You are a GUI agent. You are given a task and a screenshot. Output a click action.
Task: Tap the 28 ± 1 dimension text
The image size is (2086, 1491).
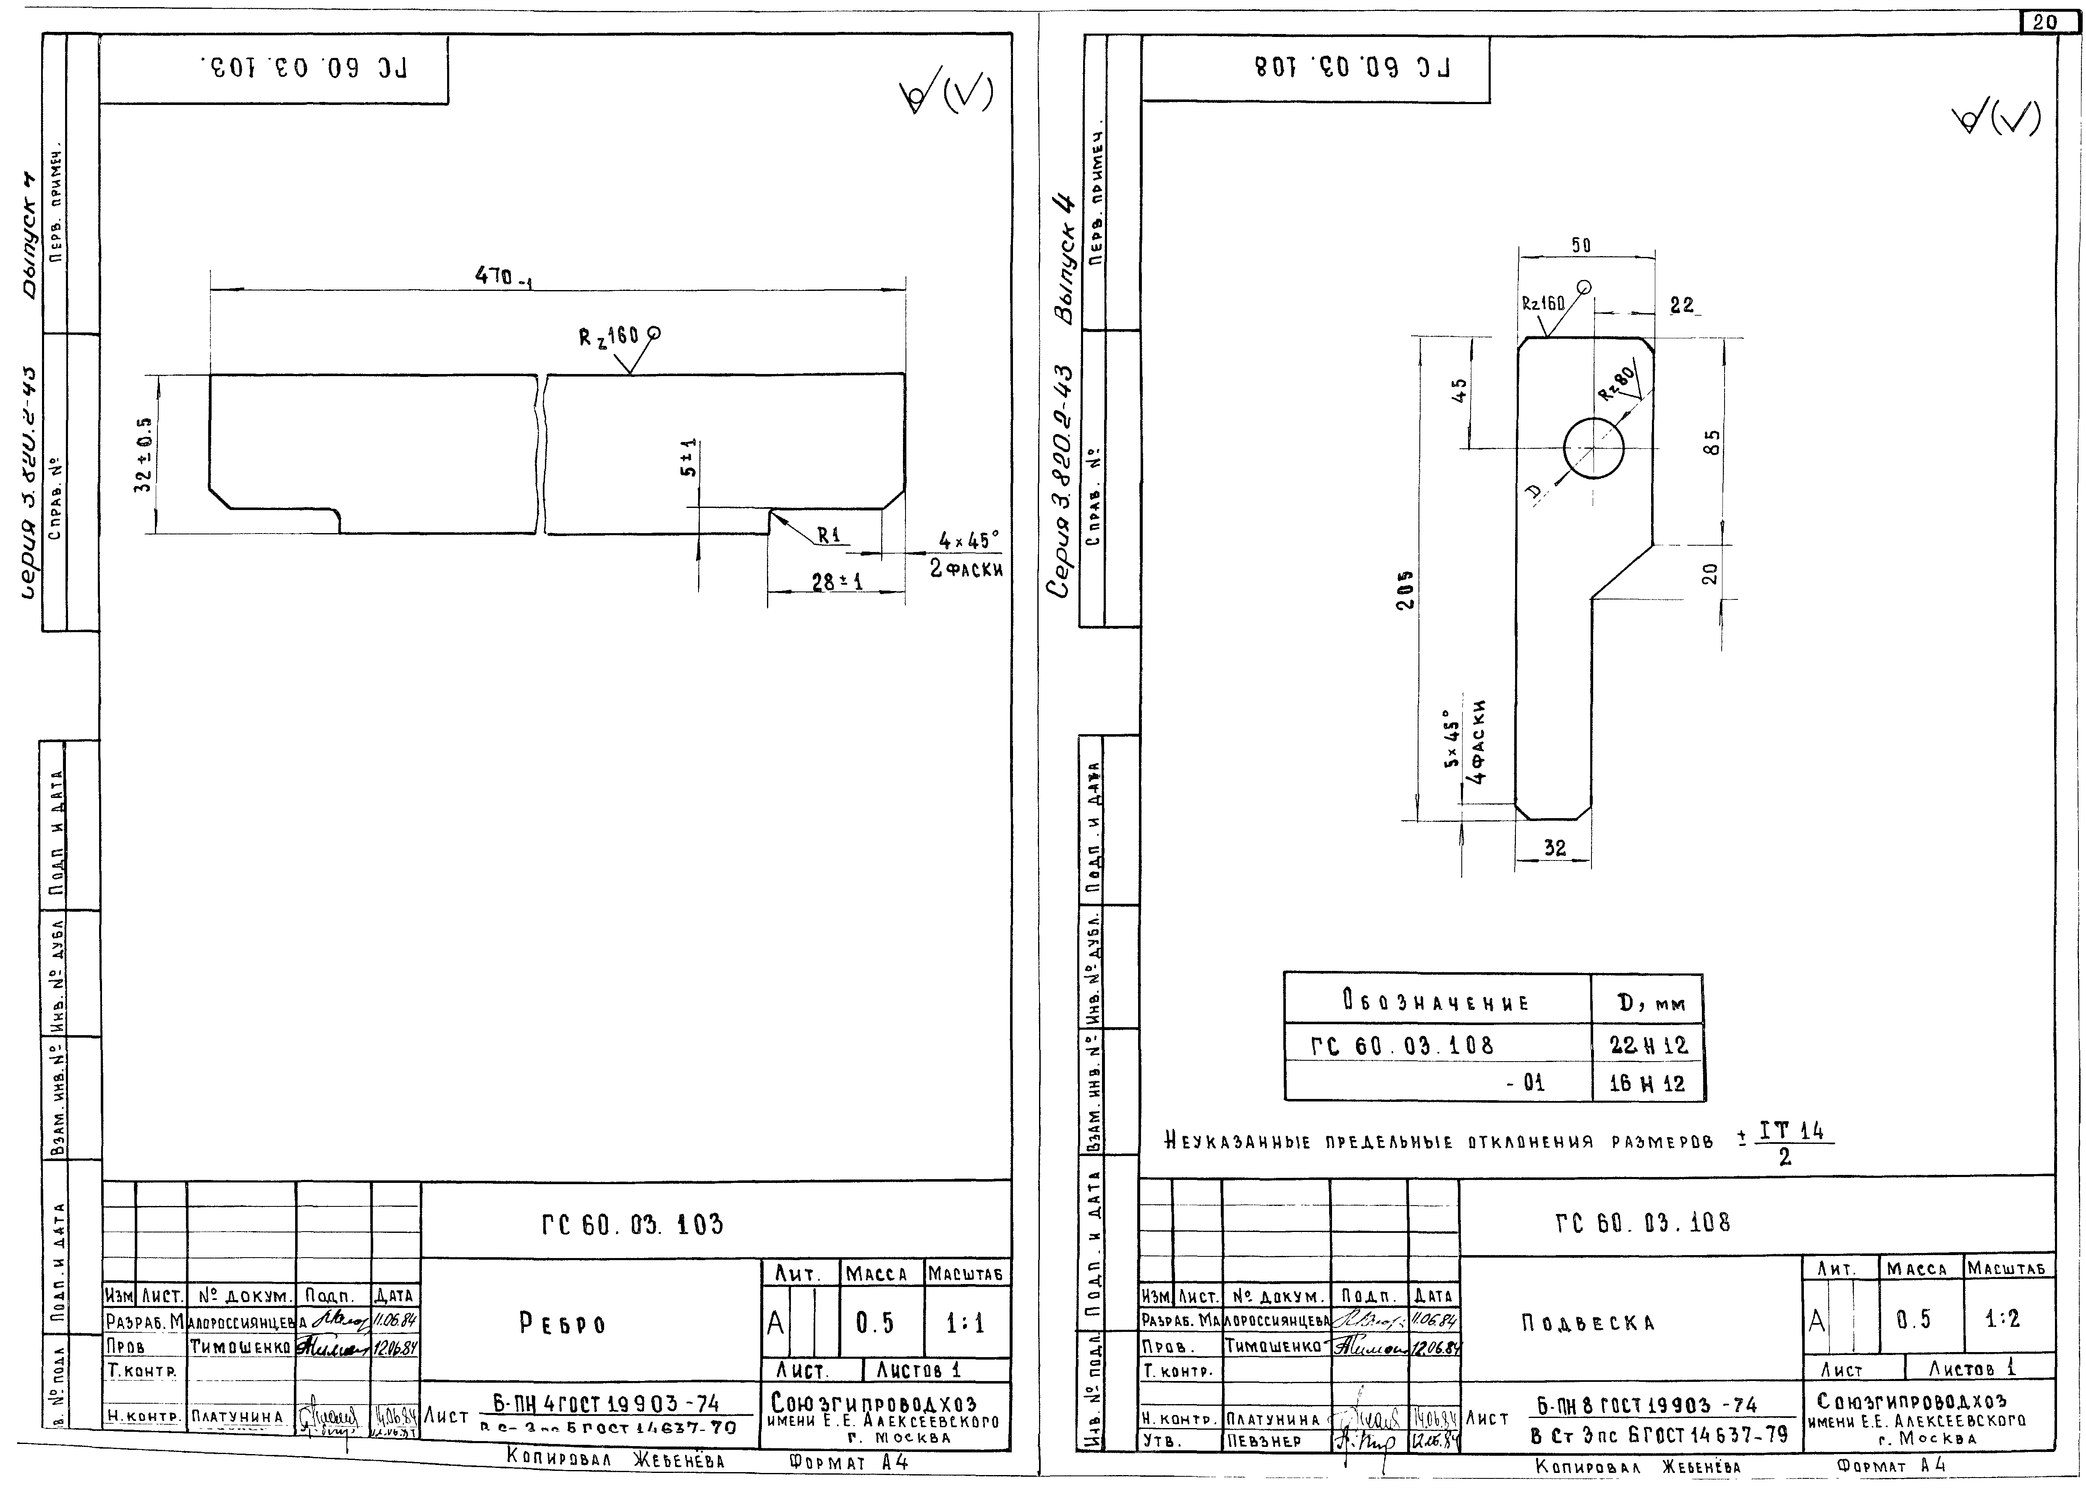pos(836,581)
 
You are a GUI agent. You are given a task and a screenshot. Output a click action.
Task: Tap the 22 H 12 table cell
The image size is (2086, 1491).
pos(1648,1045)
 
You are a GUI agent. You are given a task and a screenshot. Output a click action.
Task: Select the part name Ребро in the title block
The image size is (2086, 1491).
pos(562,1324)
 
